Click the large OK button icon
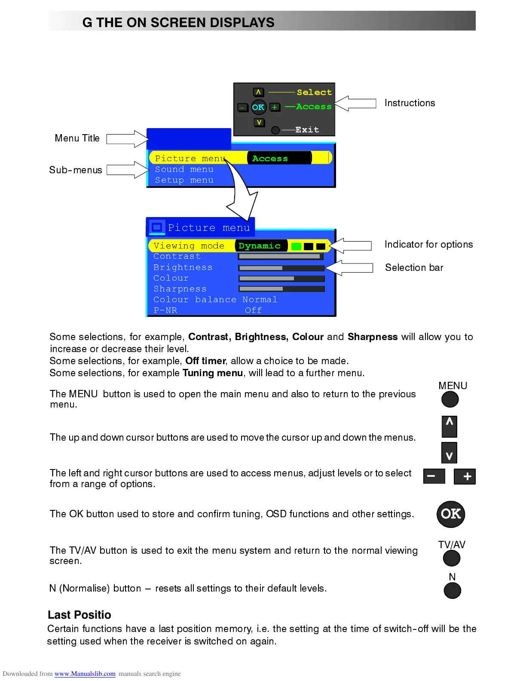450,514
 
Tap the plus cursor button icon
465,476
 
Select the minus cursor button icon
434,476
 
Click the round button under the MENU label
450,399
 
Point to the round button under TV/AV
451,558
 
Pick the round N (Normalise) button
452,590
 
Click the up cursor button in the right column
449,426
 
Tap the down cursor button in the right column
449,453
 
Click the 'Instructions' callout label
410,103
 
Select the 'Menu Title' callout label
77,138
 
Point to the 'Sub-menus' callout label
76,170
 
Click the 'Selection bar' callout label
414,268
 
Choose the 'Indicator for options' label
428,245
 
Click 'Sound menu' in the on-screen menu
184,170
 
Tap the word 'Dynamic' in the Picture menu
260,246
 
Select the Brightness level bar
281,268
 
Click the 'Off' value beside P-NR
253,310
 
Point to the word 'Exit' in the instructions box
307,130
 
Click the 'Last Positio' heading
80,615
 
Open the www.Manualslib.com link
85,674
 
